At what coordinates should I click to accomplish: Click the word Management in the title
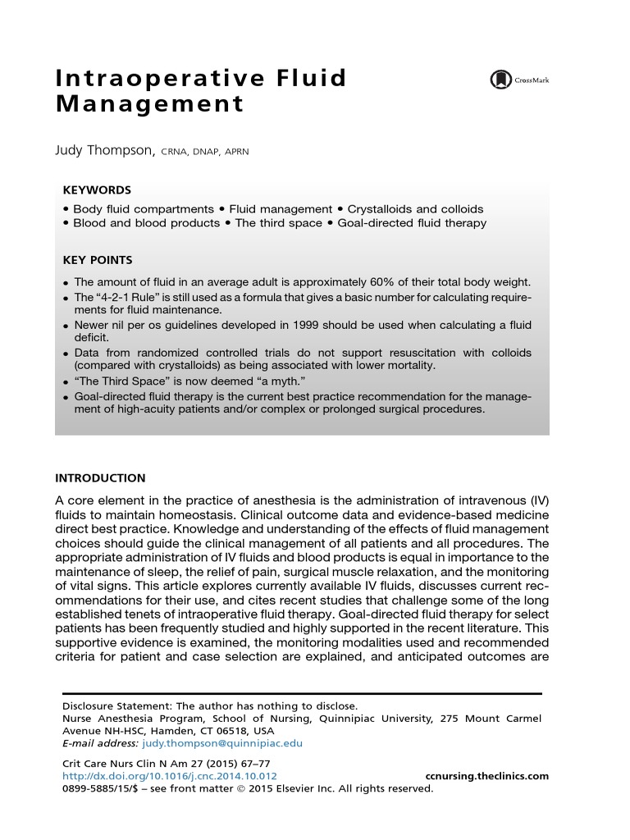point(150,104)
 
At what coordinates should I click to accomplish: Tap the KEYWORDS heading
point(97,189)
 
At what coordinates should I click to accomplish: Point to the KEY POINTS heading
point(98,260)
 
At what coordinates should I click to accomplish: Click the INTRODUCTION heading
point(100,478)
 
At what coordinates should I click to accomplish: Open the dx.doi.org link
point(170,776)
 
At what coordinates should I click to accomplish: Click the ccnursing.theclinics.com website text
point(488,776)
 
